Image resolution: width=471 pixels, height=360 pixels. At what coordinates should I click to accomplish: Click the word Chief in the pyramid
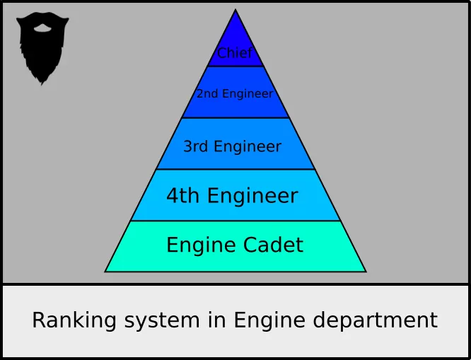(x=235, y=53)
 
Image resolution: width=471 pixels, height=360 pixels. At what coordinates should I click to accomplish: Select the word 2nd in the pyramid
(x=207, y=93)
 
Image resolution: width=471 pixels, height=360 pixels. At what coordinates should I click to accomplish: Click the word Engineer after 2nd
(x=247, y=93)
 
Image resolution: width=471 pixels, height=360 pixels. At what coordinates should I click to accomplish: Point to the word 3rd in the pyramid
(x=196, y=146)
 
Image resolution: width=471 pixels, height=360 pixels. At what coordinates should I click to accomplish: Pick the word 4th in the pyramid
(x=183, y=196)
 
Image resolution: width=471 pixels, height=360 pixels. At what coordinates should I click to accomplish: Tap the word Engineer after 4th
(x=252, y=196)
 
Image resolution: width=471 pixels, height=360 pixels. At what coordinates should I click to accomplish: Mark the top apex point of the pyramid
(x=235, y=10)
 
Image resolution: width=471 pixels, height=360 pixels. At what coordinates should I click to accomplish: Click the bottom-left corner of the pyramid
(x=105, y=272)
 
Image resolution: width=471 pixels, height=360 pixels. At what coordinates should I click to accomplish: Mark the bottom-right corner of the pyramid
(x=366, y=272)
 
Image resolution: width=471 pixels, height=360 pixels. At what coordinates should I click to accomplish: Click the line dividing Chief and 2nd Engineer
(x=235, y=66)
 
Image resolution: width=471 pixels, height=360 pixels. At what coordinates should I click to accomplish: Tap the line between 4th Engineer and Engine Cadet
(x=235, y=221)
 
